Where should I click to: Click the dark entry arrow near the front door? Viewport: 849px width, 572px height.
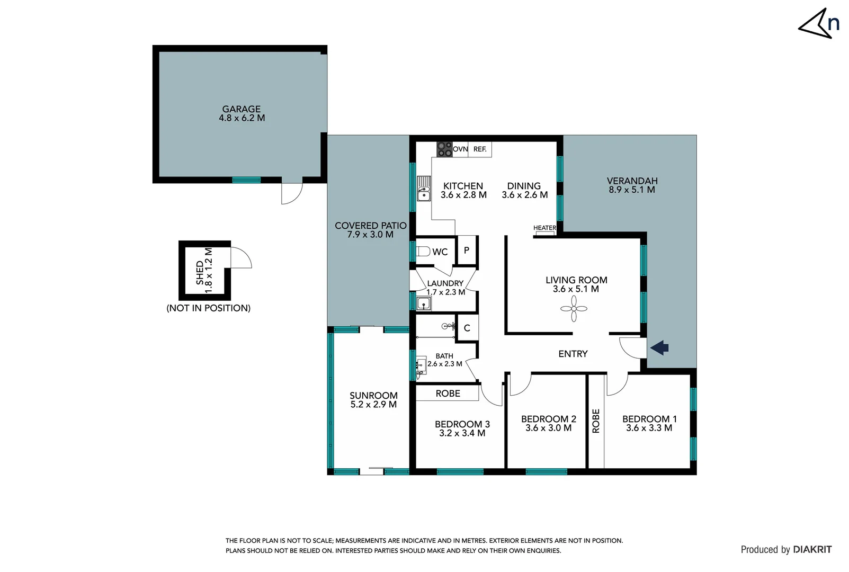tap(659, 348)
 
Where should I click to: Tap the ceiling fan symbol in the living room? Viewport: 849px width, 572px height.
tap(574, 309)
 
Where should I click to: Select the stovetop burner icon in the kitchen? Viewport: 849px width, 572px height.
tap(444, 149)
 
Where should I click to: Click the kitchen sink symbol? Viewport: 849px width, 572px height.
tap(424, 189)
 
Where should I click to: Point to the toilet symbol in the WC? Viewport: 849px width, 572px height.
tap(423, 251)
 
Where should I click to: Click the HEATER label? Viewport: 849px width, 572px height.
tap(544, 228)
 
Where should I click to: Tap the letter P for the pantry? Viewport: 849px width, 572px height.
tap(467, 250)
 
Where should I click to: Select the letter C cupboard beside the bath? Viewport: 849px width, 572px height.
tap(467, 328)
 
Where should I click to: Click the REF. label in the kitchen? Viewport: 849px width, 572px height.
tap(480, 149)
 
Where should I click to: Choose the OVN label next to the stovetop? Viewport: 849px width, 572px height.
tap(460, 149)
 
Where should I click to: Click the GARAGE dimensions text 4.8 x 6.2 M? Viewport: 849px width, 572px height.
tap(242, 118)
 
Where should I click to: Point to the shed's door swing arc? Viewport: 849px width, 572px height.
tap(242, 257)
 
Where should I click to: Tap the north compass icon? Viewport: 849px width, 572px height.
tap(820, 24)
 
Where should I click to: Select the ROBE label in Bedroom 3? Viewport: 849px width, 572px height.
tap(448, 394)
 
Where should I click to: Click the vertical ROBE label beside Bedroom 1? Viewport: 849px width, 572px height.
tap(596, 421)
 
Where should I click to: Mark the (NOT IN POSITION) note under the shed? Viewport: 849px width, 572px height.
tap(208, 308)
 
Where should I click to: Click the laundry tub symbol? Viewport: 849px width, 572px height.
tap(423, 303)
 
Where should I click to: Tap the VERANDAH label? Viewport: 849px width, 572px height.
tap(632, 181)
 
